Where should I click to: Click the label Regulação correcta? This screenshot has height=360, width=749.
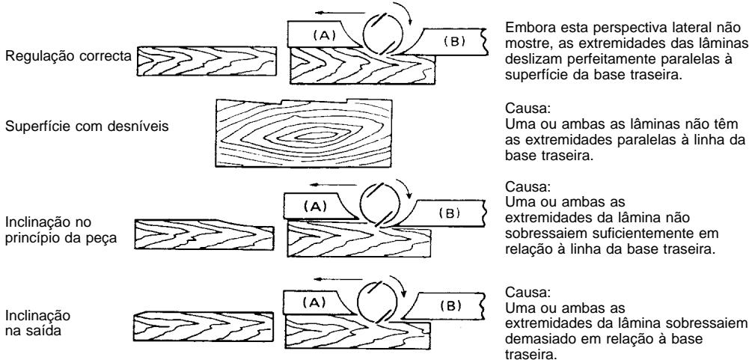point(68,55)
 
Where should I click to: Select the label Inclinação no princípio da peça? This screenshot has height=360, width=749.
point(61,230)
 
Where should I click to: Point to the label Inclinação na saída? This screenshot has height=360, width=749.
point(37,323)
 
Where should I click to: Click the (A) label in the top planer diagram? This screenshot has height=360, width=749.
point(324,35)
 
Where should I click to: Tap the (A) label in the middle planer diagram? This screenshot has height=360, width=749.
point(315,207)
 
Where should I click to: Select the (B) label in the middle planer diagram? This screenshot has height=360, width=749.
point(448,213)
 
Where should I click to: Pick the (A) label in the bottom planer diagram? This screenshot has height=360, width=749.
point(314,302)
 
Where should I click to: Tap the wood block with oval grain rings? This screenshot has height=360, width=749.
point(304,133)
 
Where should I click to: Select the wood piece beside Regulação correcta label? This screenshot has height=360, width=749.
point(207,61)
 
